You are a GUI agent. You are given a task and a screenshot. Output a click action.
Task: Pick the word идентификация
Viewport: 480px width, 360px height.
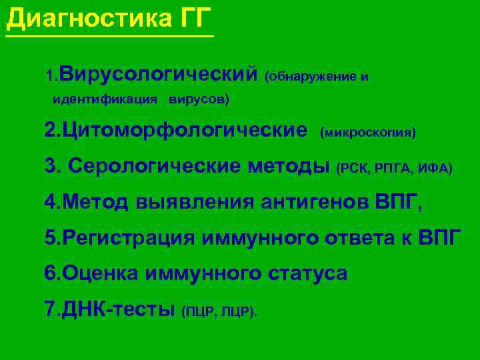(x=105, y=100)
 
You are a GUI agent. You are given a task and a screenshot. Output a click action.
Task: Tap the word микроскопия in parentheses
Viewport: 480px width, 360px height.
(x=368, y=133)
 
